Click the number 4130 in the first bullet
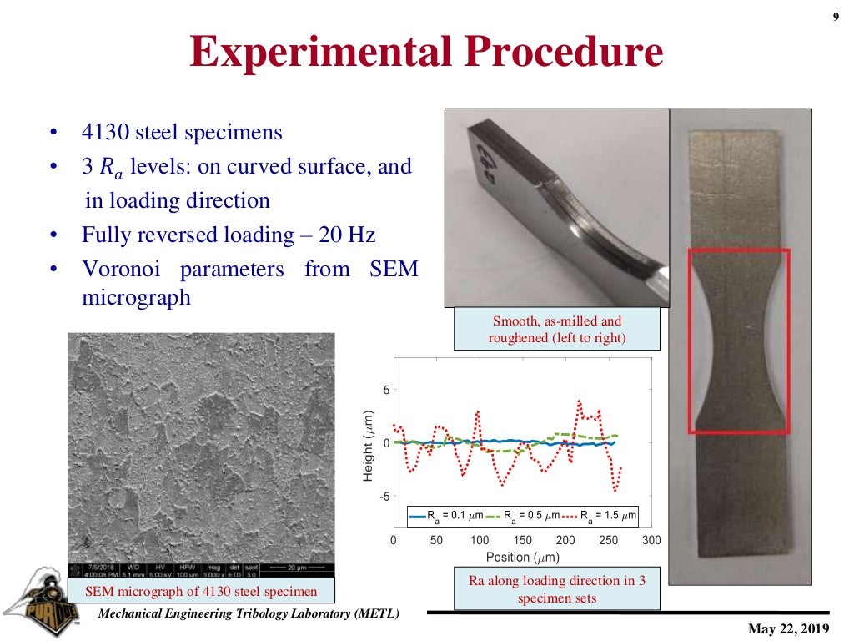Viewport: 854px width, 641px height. coord(108,133)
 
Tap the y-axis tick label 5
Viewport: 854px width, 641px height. coord(386,390)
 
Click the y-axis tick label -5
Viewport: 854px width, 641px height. coord(384,497)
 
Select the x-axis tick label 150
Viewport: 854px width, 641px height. coord(523,540)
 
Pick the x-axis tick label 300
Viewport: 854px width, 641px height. coord(651,540)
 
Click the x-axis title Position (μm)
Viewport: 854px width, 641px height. coord(522,557)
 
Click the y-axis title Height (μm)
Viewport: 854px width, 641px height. coord(368,445)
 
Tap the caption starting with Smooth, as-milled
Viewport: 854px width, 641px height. coord(556,329)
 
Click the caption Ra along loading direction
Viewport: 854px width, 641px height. coord(556,589)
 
